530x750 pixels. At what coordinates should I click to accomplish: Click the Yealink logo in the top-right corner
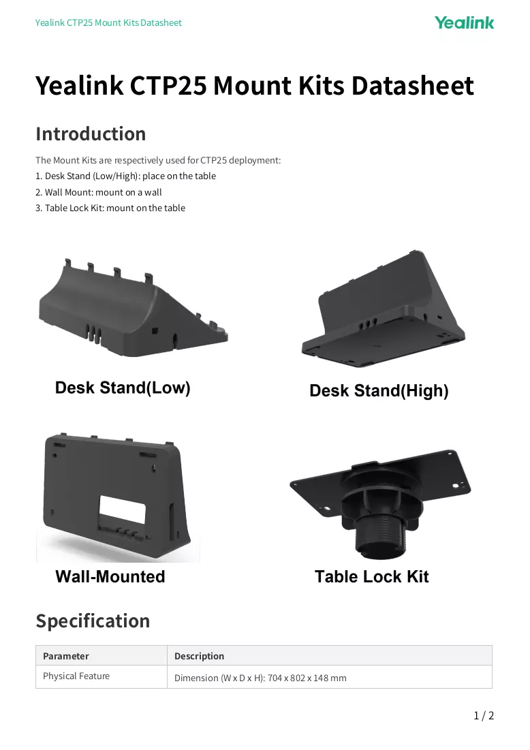pos(464,22)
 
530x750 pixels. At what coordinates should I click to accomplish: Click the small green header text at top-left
pos(108,22)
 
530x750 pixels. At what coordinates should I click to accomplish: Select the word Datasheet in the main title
pos(412,86)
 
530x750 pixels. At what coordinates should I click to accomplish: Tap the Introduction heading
pos(91,134)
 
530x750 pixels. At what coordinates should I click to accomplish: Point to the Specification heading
pos(93,621)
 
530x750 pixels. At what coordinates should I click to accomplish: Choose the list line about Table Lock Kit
pos(110,208)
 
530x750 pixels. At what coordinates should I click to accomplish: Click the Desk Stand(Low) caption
pos(123,388)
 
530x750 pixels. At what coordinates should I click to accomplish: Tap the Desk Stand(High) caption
pos(379,391)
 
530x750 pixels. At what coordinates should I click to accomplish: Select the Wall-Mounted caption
pos(110,576)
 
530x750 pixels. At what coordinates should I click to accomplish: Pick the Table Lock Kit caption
pos(372,576)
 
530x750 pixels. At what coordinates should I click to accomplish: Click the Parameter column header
pos(66,656)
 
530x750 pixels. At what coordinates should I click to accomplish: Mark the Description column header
pos(200,656)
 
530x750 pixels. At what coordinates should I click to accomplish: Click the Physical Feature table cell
pos(76,676)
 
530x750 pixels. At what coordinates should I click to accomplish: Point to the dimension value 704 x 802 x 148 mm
pos(307,678)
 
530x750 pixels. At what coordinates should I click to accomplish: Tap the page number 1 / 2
pos(484,715)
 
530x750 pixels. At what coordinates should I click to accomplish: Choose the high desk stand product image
pos(383,309)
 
